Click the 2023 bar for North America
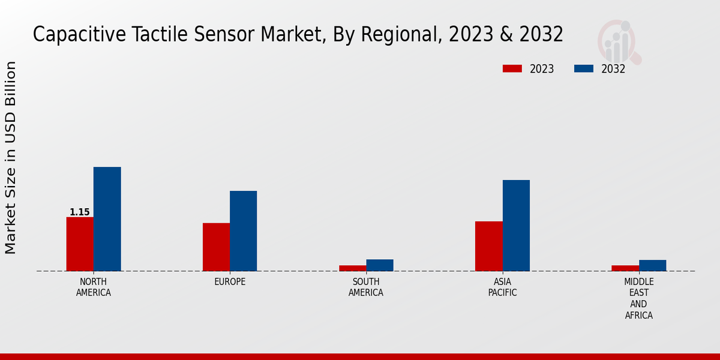point(80,244)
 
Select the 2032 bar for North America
point(107,219)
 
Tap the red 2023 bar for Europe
point(216,247)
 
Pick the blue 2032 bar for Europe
point(243,231)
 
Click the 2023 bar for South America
point(352,268)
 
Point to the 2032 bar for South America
point(380,265)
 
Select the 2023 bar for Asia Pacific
point(489,246)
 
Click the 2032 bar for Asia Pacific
point(516,226)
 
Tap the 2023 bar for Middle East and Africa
point(625,268)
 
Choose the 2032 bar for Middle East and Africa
point(652,265)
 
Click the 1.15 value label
point(80,212)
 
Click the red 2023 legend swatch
point(512,69)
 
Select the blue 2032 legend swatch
point(584,69)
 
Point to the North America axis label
point(93,287)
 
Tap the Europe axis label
point(230,282)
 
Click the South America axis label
point(366,287)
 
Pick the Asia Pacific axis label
point(502,287)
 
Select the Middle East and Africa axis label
point(638,298)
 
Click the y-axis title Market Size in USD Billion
point(11,157)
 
